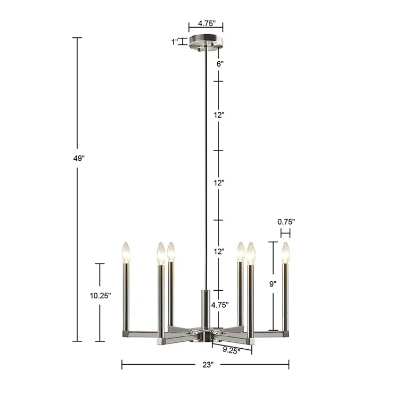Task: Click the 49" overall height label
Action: click(x=79, y=159)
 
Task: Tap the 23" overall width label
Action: click(x=208, y=365)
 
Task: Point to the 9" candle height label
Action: click(x=273, y=284)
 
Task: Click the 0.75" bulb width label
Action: click(x=286, y=221)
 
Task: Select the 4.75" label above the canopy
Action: click(x=206, y=24)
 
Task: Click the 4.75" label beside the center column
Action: click(x=220, y=305)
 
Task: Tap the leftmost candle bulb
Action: click(x=126, y=252)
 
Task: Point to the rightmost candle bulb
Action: click(x=285, y=252)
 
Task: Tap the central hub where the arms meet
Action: click(x=205, y=335)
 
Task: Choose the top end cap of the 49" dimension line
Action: click(x=77, y=38)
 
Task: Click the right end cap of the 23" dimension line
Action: click(x=289, y=365)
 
